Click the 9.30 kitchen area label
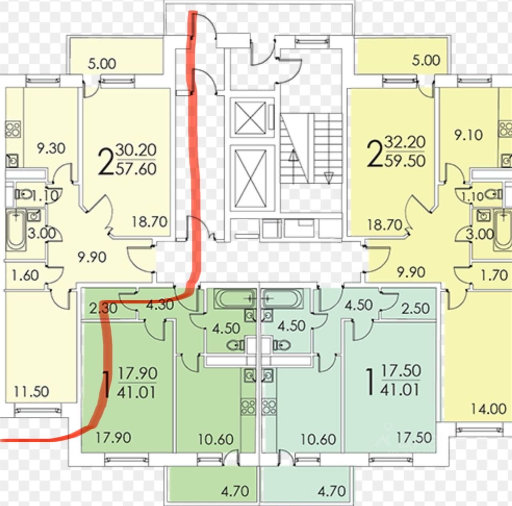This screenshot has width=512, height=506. point(51,149)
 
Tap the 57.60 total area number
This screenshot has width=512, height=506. point(136,169)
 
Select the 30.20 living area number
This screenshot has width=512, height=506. point(136,151)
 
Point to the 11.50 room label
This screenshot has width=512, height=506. point(32,391)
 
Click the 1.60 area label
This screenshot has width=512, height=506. point(26,275)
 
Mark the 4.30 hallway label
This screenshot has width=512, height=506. point(160,305)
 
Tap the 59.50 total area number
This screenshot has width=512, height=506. point(405,161)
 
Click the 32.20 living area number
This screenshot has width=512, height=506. point(405,142)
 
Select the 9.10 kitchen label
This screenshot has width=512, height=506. point(468,135)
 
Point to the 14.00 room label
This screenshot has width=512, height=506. point(488,409)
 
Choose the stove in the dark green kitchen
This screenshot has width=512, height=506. point(248,407)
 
